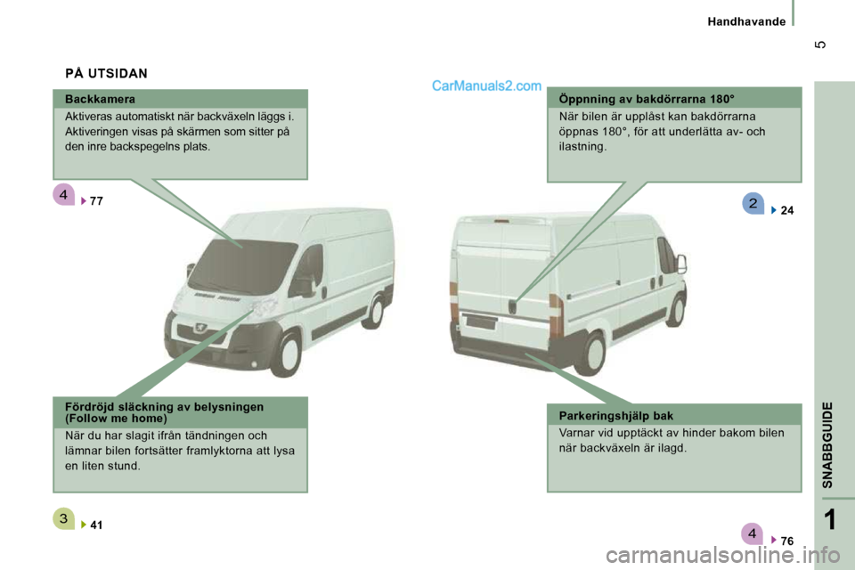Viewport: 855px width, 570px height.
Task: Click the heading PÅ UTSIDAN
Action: [106, 74]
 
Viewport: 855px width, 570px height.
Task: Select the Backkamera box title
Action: [100, 99]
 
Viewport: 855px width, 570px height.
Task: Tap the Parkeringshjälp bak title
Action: [616, 416]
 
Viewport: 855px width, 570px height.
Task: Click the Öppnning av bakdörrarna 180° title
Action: [647, 99]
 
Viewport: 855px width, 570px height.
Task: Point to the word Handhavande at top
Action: [746, 21]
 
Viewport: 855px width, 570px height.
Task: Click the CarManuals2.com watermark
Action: [486, 86]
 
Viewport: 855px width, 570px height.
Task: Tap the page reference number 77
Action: [96, 201]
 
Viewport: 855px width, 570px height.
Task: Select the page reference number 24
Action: [786, 210]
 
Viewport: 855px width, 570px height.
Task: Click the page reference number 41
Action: [96, 525]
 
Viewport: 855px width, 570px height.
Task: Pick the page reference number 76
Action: [786, 541]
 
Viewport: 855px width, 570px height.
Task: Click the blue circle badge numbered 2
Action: [753, 203]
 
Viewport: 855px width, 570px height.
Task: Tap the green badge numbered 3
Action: [64, 518]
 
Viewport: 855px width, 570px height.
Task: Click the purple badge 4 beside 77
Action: [64, 195]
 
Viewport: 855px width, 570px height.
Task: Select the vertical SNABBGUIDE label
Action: [827, 444]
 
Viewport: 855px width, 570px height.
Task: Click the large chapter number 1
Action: [829, 519]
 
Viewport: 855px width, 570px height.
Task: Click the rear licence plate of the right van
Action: [481, 322]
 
